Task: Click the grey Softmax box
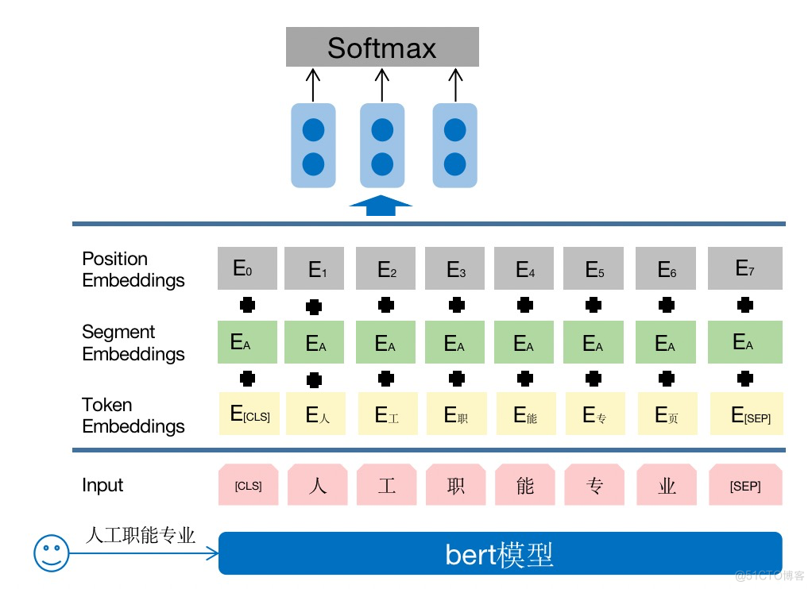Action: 382,47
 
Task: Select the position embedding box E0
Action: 247,268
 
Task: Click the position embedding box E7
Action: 744,268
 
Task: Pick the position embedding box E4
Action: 524,268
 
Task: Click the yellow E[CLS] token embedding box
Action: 249,414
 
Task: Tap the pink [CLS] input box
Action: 249,486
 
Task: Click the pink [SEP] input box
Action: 745,486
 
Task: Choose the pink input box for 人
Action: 318,486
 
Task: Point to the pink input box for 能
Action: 525,486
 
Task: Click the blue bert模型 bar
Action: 500,553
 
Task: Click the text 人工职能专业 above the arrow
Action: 140,535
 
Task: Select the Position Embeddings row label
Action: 133,270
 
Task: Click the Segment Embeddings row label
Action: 133,343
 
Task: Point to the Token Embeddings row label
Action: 133,416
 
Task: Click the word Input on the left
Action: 102,486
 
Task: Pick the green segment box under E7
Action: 744,342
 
